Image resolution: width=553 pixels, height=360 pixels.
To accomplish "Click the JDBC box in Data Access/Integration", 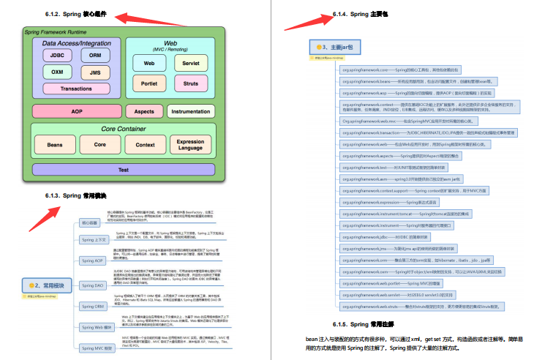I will tap(56, 55).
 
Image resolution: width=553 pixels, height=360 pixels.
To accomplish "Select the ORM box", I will tap(95, 55).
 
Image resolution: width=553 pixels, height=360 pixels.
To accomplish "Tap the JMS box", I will tap(95, 72).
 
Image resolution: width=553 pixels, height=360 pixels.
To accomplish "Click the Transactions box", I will tap(76, 89).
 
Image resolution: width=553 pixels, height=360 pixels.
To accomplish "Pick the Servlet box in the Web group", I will tap(190, 64).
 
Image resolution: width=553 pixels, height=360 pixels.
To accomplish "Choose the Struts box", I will tap(190, 83).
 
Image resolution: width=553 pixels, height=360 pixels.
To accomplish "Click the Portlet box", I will tap(148, 83).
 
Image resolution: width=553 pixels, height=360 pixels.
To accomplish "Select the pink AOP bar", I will tap(76, 111).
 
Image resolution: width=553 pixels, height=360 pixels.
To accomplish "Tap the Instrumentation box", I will tap(190, 111).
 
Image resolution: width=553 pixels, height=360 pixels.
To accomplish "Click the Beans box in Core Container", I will tap(55, 145).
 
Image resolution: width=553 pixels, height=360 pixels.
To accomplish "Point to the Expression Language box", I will tap(190, 145).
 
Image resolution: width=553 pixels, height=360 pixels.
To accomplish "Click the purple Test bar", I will tap(123, 170).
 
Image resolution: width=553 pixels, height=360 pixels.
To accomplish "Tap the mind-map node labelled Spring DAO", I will tap(94, 285).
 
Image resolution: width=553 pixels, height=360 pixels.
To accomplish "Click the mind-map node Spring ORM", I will tap(94, 306).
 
